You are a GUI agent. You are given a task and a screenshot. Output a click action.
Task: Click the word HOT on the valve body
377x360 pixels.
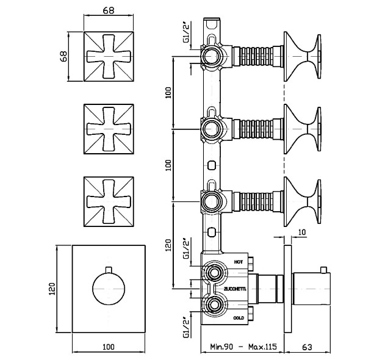pyautogui.click(x=239, y=262)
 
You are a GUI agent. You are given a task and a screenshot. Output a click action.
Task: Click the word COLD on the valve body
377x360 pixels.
pyautogui.click(x=239, y=318)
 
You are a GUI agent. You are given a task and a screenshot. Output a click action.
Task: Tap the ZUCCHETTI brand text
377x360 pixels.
pyautogui.click(x=235, y=289)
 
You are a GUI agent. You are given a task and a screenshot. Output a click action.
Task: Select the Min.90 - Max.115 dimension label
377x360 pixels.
pyautogui.click(x=243, y=347)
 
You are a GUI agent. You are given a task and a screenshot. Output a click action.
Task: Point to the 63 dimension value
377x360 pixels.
pyautogui.click(x=307, y=347)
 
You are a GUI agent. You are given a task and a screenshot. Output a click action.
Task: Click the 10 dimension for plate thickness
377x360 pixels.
pyautogui.click(x=302, y=232)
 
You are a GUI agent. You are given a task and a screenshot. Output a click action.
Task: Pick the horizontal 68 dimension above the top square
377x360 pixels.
pyautogui.click(x=109, y=10)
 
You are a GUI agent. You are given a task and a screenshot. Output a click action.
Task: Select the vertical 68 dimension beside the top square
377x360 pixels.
pyautogui.click(x=63, y=56)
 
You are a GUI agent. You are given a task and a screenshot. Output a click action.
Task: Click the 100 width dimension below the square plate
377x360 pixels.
pyautogui.click(x=109, y=347)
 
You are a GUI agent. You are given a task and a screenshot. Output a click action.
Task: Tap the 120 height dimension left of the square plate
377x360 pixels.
pyautogui.click(x=52, y=289)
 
